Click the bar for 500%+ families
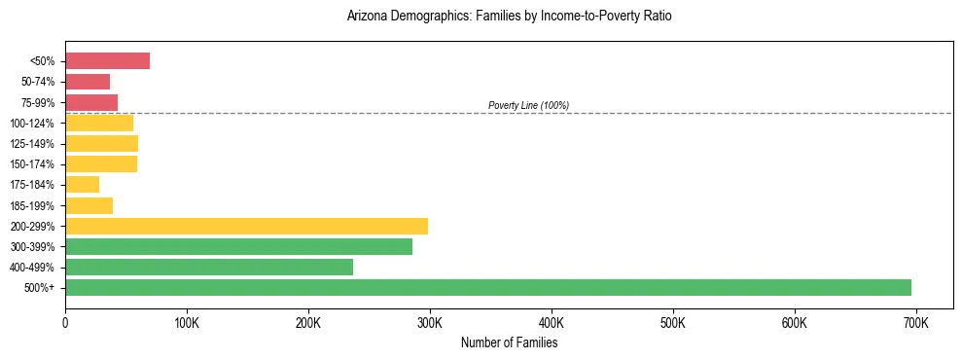(487, 287)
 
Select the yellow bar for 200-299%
(246, 226)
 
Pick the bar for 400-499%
(209, 267)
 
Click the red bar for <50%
(107, 61)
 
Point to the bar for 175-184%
(82, 184)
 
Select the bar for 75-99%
(91, 102)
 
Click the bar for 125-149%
(101, 143)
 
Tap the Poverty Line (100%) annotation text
(528, 105)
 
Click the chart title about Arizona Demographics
(509, 17)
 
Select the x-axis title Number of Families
(509, 342)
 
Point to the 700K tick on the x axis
(915, 322)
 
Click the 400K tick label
(551, 322)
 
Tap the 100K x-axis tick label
(187, 322)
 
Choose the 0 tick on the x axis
(65, 322)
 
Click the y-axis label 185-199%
(33, 205)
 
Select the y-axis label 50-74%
(38, 82)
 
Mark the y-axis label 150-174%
(33, 164)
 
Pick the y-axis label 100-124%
(33, 123)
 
